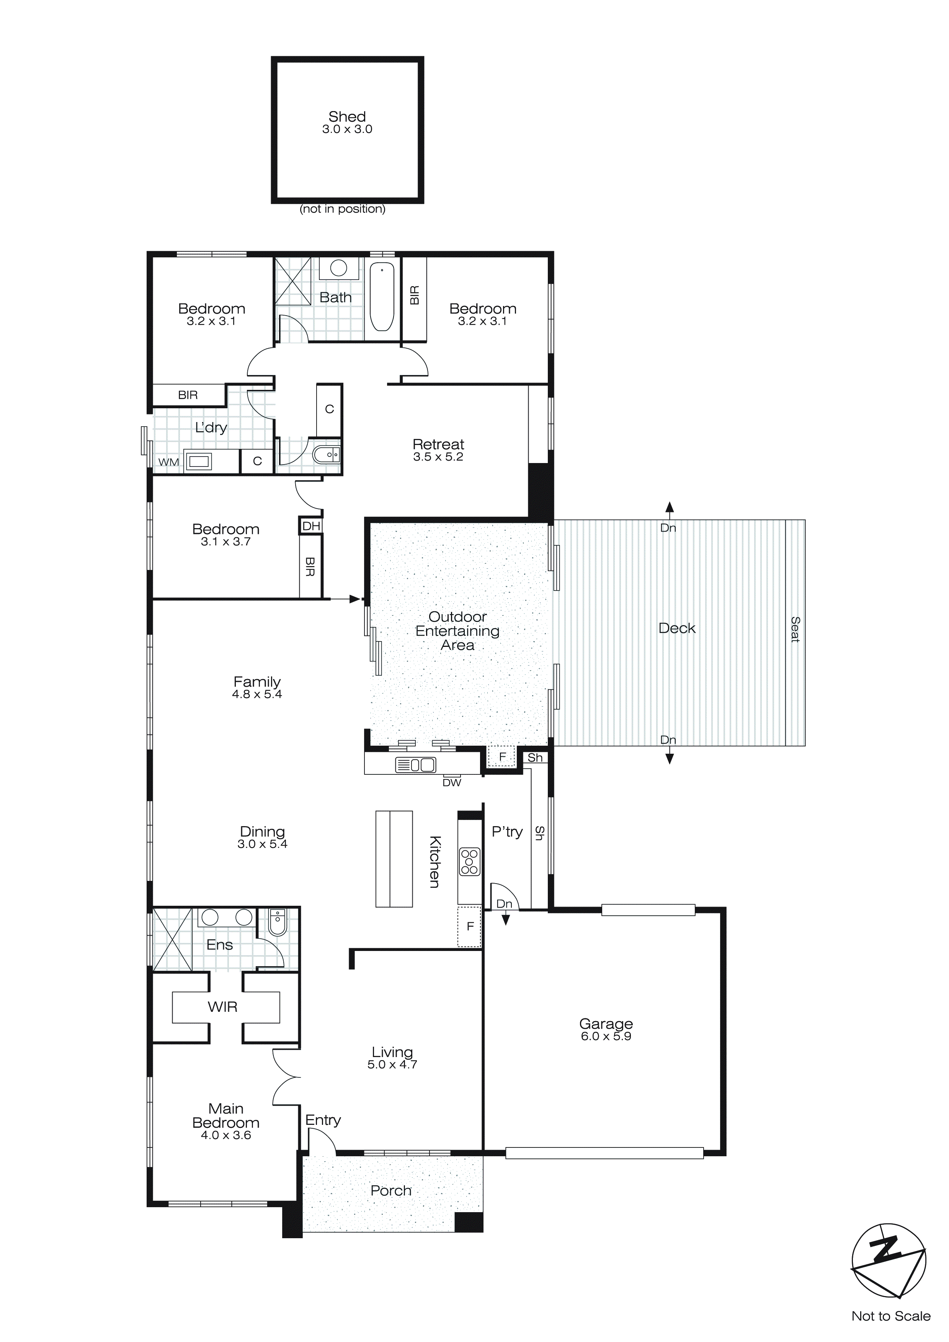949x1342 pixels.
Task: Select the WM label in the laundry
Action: (169, 462)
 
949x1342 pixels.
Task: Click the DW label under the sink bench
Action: (452, 782)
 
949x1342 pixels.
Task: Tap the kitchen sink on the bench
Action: (415, 764)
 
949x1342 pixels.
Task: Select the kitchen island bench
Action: (394, 859)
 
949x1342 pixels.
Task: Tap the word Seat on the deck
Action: (795, 630)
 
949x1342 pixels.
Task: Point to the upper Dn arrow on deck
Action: (670, 509)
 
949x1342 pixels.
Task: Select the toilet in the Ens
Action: (278, 923)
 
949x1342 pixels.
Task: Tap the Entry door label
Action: (323, 1120)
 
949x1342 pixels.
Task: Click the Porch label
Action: (391, 1191)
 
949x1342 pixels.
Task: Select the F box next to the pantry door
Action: (470, 926)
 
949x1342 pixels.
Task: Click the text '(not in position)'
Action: (343, 209)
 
